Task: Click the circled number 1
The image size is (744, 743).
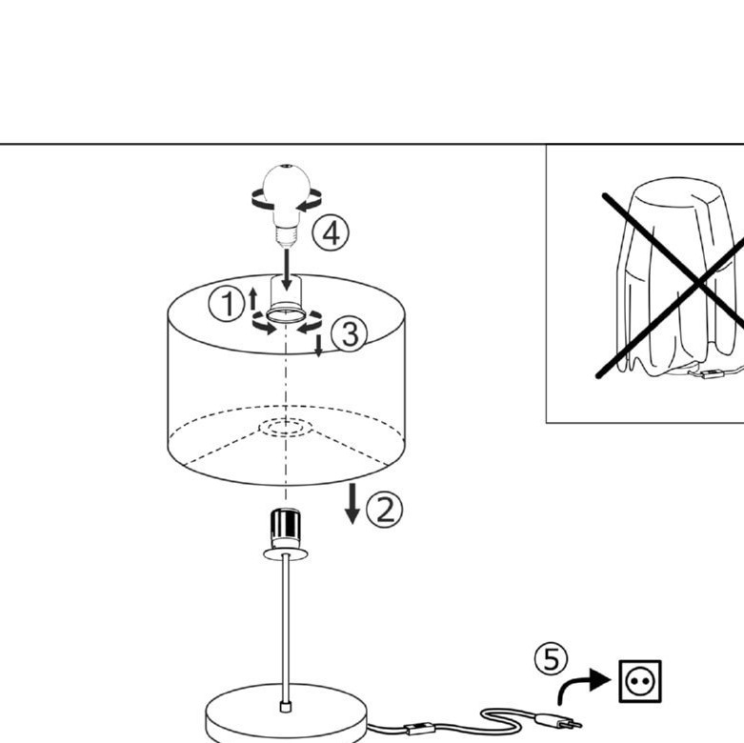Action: coord(228,304)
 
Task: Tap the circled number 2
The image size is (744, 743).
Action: coord(385,511)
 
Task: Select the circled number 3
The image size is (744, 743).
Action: coord(350,334)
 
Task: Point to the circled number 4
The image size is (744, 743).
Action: coord(331,233)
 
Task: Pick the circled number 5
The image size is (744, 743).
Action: coord(551,659)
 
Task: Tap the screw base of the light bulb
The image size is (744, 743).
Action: coord(287,236)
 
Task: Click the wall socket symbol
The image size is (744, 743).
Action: coord(640,681)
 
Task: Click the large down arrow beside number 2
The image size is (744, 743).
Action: coord(352,503)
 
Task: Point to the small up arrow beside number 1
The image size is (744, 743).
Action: coord(252,299)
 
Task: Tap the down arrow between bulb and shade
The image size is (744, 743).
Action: coord(287,269)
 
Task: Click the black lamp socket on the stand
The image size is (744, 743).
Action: coord(285,529)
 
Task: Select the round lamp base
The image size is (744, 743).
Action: coord(286,712)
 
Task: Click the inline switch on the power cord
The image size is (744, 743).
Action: coord(418,729)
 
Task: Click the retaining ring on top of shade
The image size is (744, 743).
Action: coord(286,315)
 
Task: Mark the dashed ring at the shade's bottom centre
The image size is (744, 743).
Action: coord(286,427)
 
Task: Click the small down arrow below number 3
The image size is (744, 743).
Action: coord(319,346)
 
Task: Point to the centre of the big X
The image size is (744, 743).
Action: coord(700,284)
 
